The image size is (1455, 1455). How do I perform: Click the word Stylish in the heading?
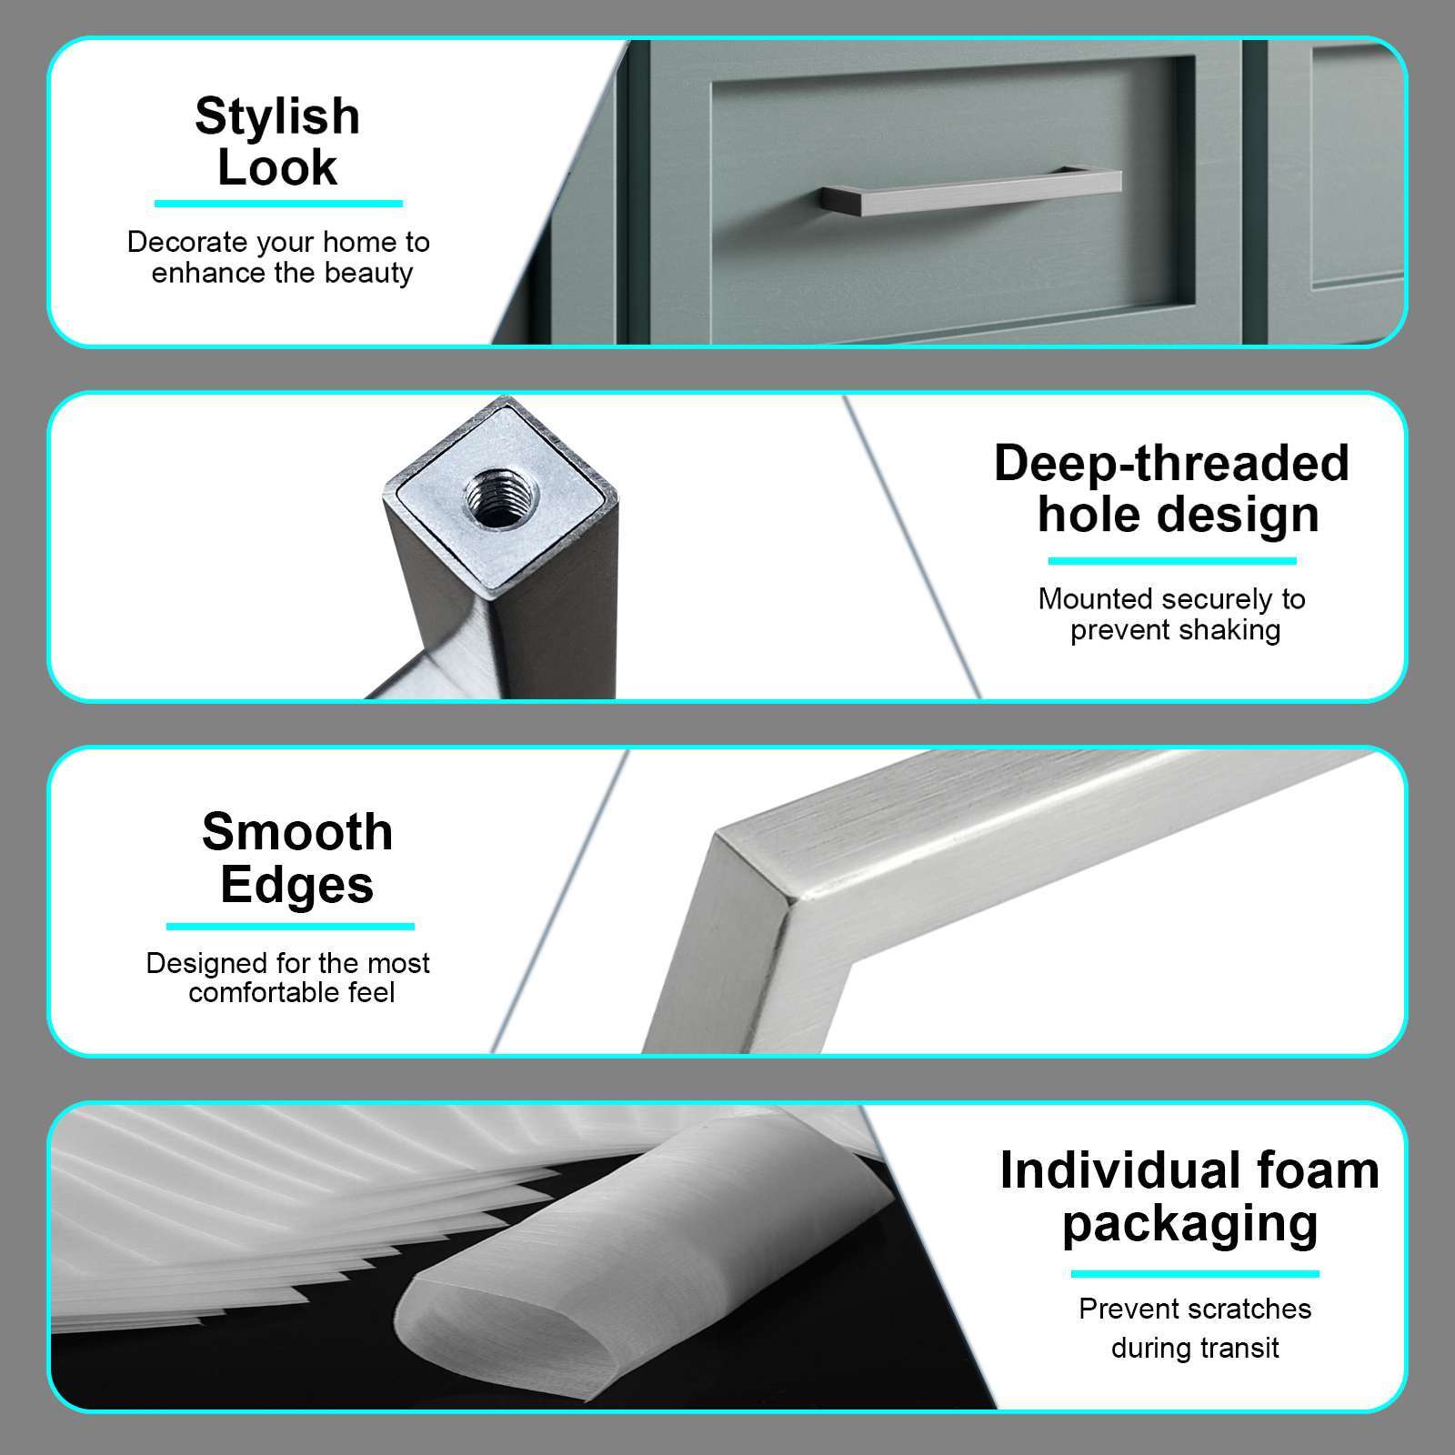(x=277, y=116)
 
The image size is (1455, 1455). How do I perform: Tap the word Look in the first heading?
(x=277, y=167)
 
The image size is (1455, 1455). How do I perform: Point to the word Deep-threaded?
(x=1171, y=463)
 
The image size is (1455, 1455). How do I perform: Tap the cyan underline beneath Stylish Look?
(x=278, y=204)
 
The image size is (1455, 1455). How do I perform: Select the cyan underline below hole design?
(x=1171, y=561)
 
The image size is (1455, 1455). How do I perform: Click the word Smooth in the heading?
(x=297, y=832)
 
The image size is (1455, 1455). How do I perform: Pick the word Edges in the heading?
(x=297, y=884)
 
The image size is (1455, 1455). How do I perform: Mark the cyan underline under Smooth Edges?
(x=290, y=927)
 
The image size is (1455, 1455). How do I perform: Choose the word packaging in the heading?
(x=1189, y=1223)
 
